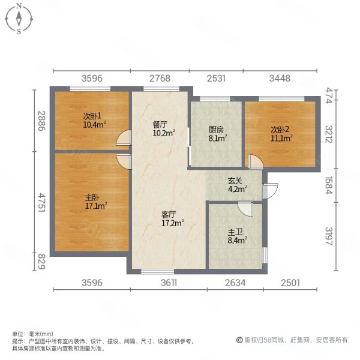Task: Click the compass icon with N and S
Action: pos(19,19)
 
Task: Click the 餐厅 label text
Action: pos(159,125)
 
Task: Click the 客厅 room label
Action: pos(168,214)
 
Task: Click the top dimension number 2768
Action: pos(161,78)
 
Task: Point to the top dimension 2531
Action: pos(217,78)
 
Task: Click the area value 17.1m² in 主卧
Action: pos(95,206)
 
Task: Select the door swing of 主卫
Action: pos(245,207)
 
